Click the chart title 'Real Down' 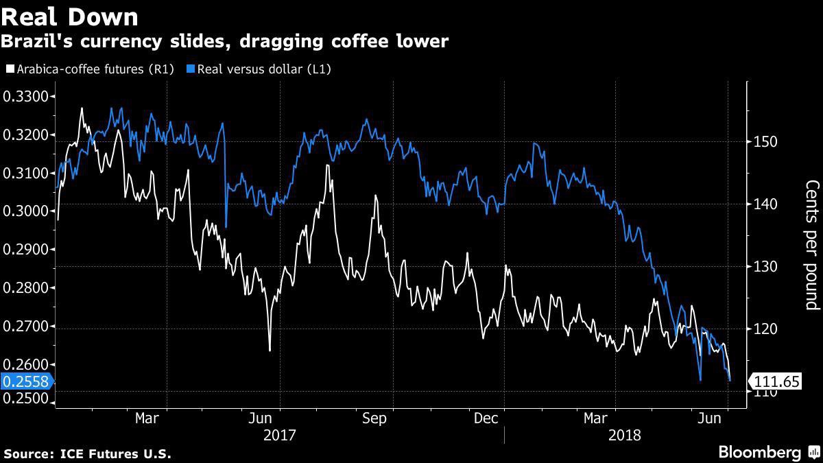click(x=69, y=16)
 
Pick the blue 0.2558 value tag click(x=23, y=382)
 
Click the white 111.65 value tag click(x=777, y=381)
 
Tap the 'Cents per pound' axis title click(x=811, y=245)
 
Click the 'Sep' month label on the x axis click(x=374, y=418)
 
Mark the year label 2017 click(x=279, y=435)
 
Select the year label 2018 click(x=624, y=435)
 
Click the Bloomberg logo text click(x=759, y=452)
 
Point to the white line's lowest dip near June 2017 click(x=270, y=351)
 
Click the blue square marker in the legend click(x=191, y=69)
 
